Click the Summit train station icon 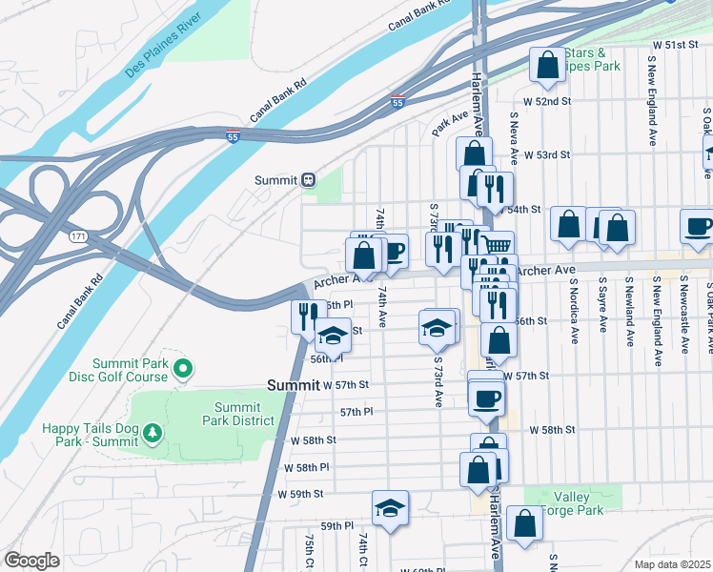pyautogui.click(x=308, y=180)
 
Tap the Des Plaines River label pyautogui.click(x=163, y=57)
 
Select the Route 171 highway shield pyautogui.click(x=78, y=235)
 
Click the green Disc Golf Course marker pyautogui.click(x=185, y=367)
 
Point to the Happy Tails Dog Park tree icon pyautogui.click(x=153, y=435)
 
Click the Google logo pyautogui.click(x=31, y=561)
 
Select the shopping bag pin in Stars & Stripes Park pyautogui.click(x=548, y=66)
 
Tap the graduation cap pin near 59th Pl pyautogui.click(x=390, y=508)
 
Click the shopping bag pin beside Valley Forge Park pyautogui.click(x=523, y=524)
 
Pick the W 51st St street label pyautogui.click(x=676, y=45)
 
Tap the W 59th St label pyautogui.click(x=301, y=494)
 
